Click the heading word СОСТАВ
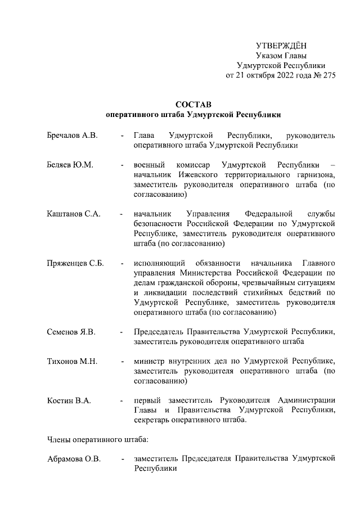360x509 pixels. pyautogui.click(x=193, y=104)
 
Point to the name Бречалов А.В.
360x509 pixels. pyautogui.click(x=72, y=136)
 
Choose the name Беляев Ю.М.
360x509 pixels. pyautogui.click(x=70, y=165)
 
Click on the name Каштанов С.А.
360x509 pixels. pyautogui.click(x=73, y=214)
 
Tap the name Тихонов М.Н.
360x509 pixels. pyautogui.click(x=72, y=361)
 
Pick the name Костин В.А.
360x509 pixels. pyautogui.click(x=69, y=400)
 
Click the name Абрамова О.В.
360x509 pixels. pyautogui.click(x=74, y=460)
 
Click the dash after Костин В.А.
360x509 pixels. pyautogui.click(x=122, y=400)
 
